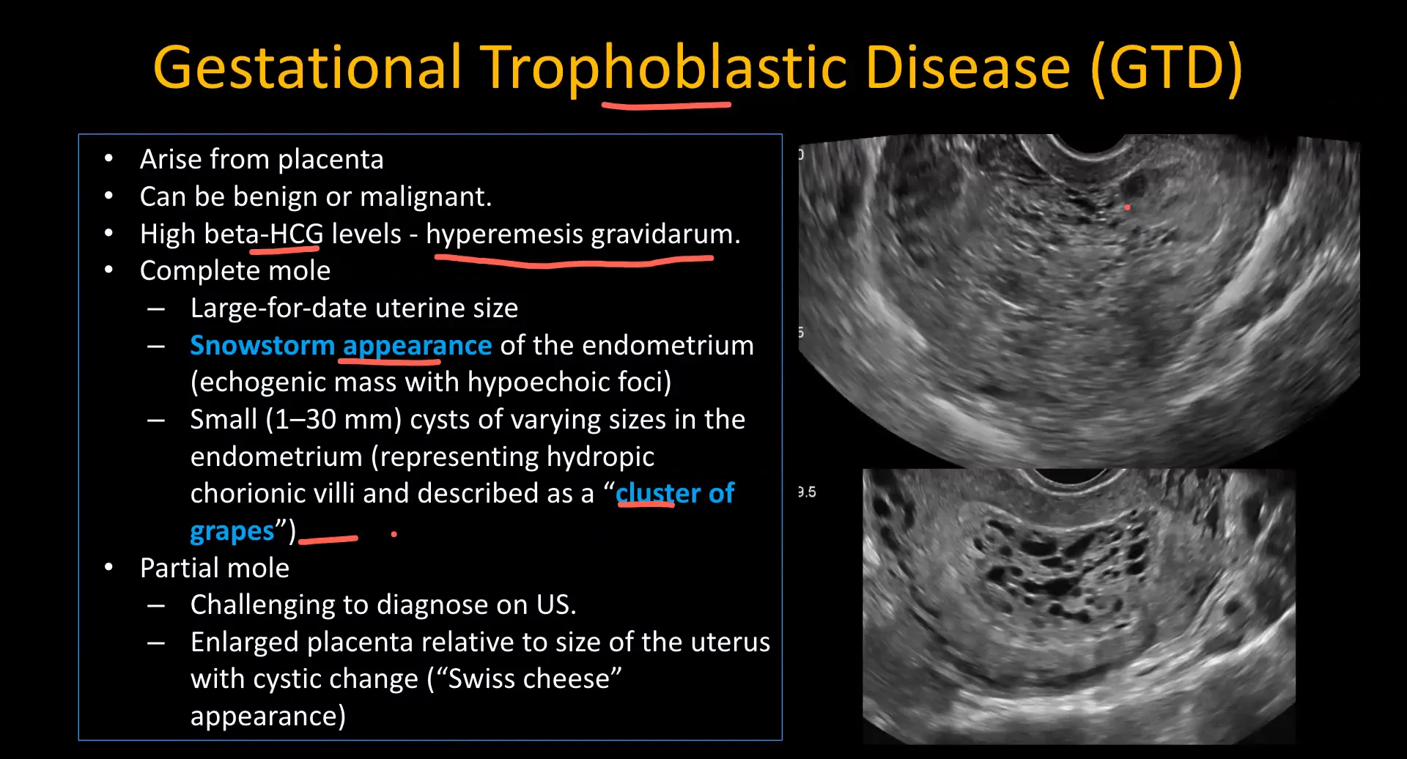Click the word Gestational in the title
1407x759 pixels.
tap(308, 67)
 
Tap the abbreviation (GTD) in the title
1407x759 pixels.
tap(1166, 67)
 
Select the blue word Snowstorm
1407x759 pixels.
tap(262, 345)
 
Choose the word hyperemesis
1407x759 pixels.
tap(504, 234)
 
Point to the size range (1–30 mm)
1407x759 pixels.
tap(333, 419)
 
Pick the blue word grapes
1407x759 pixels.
tap(232, 530)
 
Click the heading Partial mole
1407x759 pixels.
tap(214, 568)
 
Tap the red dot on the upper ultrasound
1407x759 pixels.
tap(1127, 207)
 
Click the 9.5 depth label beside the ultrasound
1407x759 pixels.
tap(807, 492)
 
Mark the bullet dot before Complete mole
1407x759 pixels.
tap(108, 270)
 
